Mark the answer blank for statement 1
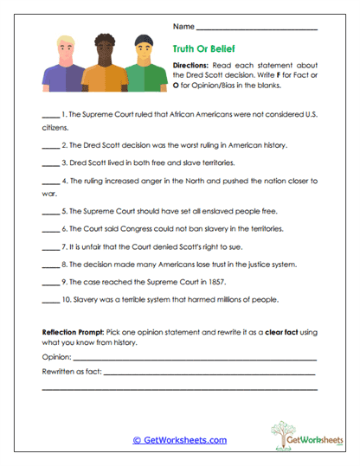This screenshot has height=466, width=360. pyautogui.click(x=50, y=113)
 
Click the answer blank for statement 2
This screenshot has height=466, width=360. pyautogui.click(x=50, y=144)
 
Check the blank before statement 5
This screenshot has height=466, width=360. pyautogui.click(x=50, y=210)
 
